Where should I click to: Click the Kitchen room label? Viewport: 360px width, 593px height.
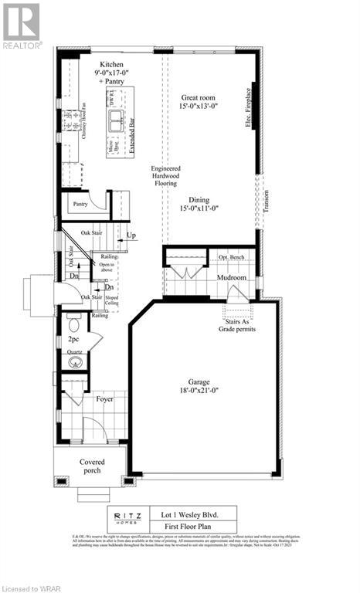(x=105, y=67)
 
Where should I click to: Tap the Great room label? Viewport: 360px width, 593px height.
(x=198, y=97)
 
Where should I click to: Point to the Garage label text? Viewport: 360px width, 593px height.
(x=204, y=381)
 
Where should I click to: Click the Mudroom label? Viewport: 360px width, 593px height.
(x=231, y=276)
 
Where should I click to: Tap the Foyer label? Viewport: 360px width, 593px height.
(x=104, y=399)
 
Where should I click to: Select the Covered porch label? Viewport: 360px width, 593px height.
(x=92, y=467)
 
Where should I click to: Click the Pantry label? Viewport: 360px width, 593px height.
(x=80, y=204)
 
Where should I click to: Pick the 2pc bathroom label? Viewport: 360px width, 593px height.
(x=74, y=339)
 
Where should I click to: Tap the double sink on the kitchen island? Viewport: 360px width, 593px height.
(x=117, y=119)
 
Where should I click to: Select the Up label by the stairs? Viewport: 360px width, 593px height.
(x=131, y=235)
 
